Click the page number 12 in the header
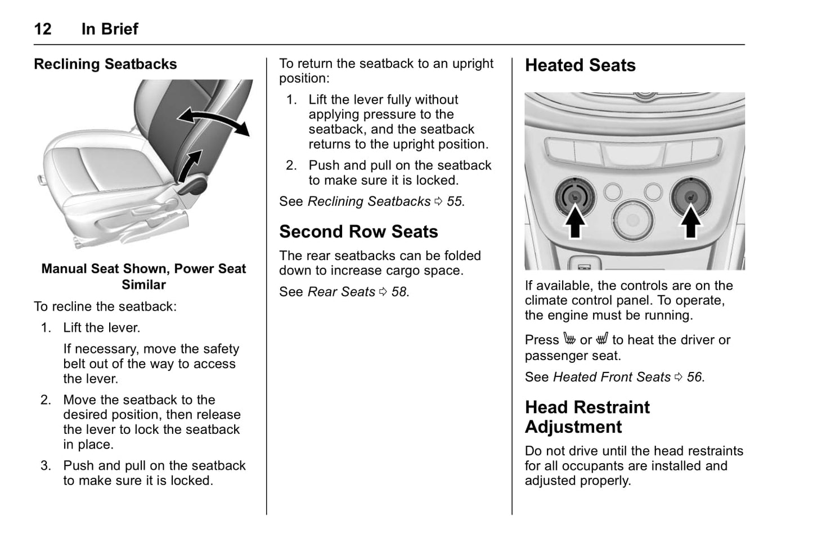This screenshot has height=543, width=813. point(43,29)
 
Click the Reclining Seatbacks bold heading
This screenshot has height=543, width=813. point(105,64)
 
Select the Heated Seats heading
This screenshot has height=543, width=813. point(580,65)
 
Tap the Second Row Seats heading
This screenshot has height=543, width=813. point(358,232)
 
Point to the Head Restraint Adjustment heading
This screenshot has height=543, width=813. point(587,417)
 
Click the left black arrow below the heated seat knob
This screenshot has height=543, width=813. point(574,222)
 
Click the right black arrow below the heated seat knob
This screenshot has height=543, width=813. point(690,222)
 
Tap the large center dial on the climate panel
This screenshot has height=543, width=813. point(634,219)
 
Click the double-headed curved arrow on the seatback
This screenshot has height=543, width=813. point(213,120)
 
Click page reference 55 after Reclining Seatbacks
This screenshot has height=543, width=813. point(455,201)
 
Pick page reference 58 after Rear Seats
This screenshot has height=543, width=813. point(399,292)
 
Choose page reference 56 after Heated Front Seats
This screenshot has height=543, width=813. point(695,377)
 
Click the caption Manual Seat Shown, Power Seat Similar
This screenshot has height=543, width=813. point(143,276)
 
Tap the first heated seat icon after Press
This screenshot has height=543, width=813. point(569,339)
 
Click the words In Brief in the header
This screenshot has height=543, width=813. point(110,29)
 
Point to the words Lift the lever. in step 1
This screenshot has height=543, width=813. point(101,327)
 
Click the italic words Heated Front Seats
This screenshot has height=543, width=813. point(612,377)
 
